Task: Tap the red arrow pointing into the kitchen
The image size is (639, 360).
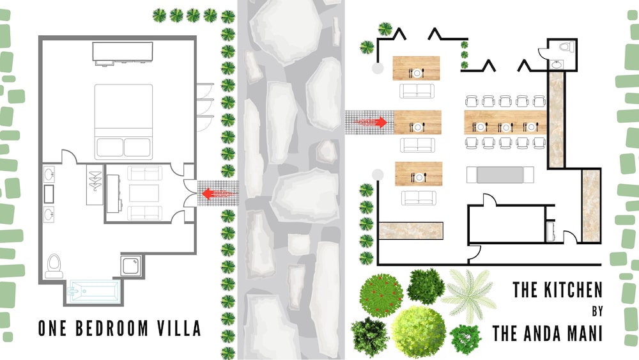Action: click(371, 122)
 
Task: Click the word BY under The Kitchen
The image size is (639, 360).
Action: click(597, 311)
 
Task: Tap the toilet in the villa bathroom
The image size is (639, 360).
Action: click(54, 266)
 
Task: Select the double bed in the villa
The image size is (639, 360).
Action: click(123, 121)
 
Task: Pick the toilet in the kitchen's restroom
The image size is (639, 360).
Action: click(566, 47)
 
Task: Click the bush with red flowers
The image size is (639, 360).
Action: click(381, 295)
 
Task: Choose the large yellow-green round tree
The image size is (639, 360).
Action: click(419, 332)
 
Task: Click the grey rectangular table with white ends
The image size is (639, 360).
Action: click(500, 175)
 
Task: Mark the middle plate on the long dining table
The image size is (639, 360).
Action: click(505, 128)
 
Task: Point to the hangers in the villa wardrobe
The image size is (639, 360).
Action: click(95, 181)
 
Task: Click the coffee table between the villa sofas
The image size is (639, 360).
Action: click(144, 193)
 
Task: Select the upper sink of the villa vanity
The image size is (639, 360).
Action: click(49, 175)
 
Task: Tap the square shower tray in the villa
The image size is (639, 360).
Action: click(131, 265)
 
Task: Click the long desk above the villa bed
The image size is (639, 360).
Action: click(123, 52)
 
